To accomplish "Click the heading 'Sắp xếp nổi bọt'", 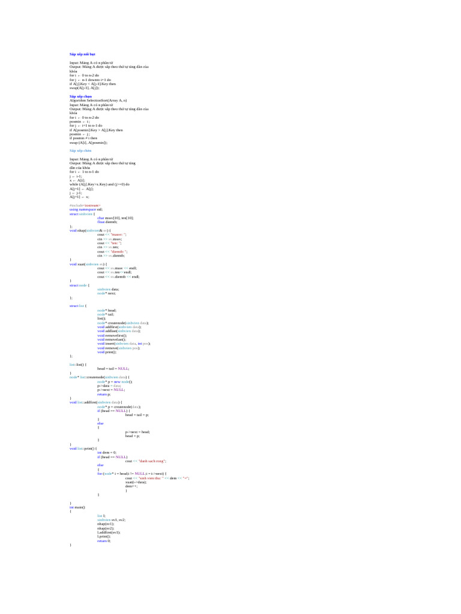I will tap(82, 54).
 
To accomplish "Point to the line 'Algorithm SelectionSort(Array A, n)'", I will tap(98, 100).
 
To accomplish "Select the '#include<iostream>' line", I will tap(85, 205).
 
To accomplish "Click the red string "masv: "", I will tap(118, 234).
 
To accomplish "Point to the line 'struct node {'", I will tap(79, 285).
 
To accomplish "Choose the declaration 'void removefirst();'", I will tap(110, 335).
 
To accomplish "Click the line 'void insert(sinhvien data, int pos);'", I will tap(124, 344).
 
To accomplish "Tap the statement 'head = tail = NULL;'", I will tap(113, 368).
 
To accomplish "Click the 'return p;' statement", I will tap(104, 393).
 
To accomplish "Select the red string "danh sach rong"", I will tap(152, 460).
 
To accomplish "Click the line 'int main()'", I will tap(77, 507).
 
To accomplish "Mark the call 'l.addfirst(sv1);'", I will tap(109, 532).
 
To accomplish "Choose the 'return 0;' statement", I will tap(104, 540).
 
